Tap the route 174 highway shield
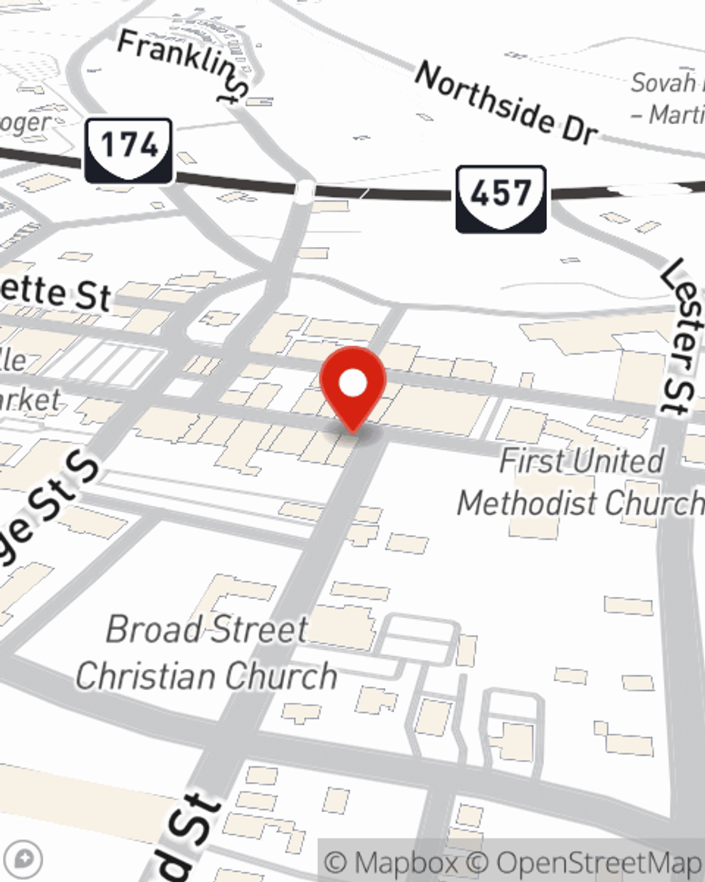pyautogui.click(x=129, y=150)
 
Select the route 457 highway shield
pyautogui.click(x=501, y=198)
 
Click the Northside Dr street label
pyautogui.click(x=506, y=103)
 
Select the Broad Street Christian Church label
pyautogui.click(x=207, y=653)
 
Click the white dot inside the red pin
pyautogui.click(x=352, y=384)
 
